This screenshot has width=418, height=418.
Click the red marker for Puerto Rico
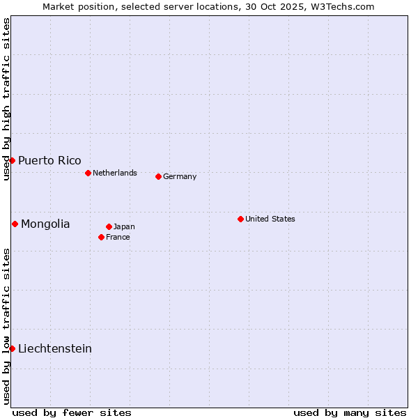(12, 160)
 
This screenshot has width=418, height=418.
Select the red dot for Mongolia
(15, 224)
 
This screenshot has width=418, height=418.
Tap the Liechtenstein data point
(12, 348)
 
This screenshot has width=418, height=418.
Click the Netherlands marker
(88, 173)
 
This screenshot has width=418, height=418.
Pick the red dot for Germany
(158, 176)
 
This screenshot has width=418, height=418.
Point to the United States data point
(240, 219)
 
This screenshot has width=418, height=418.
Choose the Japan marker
(109, 226)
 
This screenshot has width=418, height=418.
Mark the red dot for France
(101, 237)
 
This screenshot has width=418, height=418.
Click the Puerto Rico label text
(49, 160)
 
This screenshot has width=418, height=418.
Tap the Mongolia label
(45, 224)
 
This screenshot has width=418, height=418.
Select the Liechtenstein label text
(55, 348)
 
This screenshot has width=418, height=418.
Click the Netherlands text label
(115, 173)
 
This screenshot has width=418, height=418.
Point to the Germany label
(180, 176)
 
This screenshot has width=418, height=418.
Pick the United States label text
(270, 219)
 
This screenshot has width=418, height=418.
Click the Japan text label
(124, 226)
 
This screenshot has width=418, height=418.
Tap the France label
(118, 237)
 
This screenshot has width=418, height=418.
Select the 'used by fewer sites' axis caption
(72, 412)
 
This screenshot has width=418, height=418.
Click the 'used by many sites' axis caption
(350, 412)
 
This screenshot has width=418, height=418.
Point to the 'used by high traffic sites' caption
(6, 99)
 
